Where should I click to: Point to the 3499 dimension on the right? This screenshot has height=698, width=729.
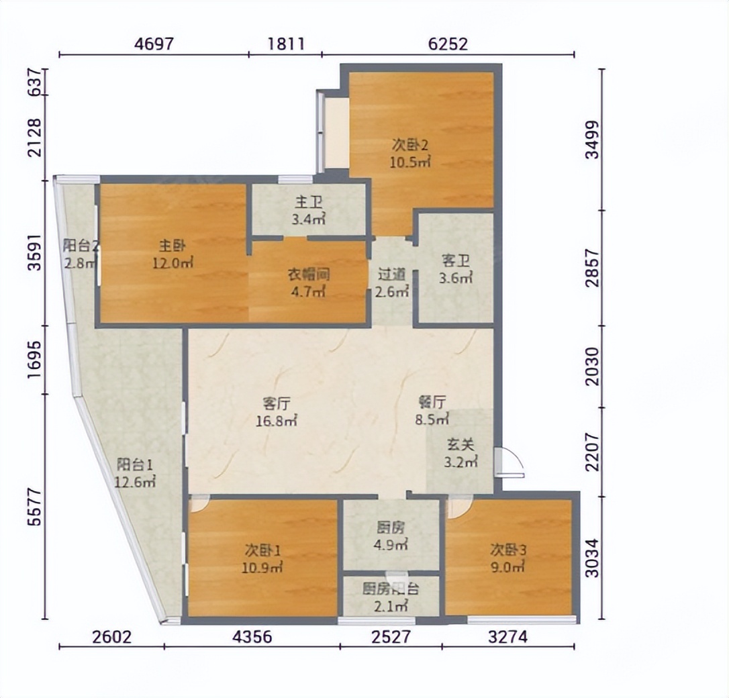coord(592,140)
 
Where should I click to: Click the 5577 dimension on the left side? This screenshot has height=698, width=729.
coord(34,507)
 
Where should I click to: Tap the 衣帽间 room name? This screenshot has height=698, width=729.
coord(308,275)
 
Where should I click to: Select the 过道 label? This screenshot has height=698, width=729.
coord(391,275)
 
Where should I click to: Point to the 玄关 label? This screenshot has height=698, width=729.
coord(460,445)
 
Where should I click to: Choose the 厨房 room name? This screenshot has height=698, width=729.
coord(391,528)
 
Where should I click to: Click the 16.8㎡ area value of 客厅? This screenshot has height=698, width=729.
coord(276,421)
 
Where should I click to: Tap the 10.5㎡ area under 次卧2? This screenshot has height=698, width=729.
coord(409,162)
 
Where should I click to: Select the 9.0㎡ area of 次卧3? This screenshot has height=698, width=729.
coord(507,567)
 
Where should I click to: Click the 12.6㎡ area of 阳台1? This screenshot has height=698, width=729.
coord(135,482)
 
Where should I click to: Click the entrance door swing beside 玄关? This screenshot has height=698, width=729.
coord(510,462)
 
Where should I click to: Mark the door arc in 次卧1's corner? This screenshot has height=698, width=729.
coord(200,504)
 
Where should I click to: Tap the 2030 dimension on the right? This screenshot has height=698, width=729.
coord(592,366)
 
